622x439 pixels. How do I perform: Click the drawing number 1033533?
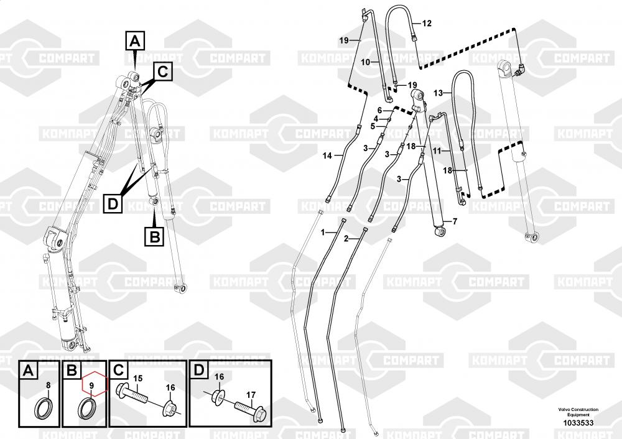(578, 423)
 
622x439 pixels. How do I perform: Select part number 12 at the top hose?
(427, 24)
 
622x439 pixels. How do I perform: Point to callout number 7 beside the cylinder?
(455, 221)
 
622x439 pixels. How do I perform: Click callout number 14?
(327, 156)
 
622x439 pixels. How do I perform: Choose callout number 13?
(438, 93)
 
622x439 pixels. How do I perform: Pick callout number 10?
(365, 62)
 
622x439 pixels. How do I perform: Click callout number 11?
(437, 150)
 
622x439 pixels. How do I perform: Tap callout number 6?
(379, 111)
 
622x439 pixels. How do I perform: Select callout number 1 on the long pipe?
(323, 232)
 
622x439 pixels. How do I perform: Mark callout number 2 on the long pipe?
(346, 238)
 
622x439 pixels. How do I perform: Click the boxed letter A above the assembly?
(135, 40)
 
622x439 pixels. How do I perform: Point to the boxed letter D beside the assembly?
(113, 204)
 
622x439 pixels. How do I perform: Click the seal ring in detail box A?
(44, 408)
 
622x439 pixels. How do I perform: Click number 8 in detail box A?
(49, 384)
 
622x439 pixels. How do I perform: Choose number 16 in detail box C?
(170, 387)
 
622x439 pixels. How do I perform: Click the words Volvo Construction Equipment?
(578, 412)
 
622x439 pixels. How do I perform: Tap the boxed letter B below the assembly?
(154, 236)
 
